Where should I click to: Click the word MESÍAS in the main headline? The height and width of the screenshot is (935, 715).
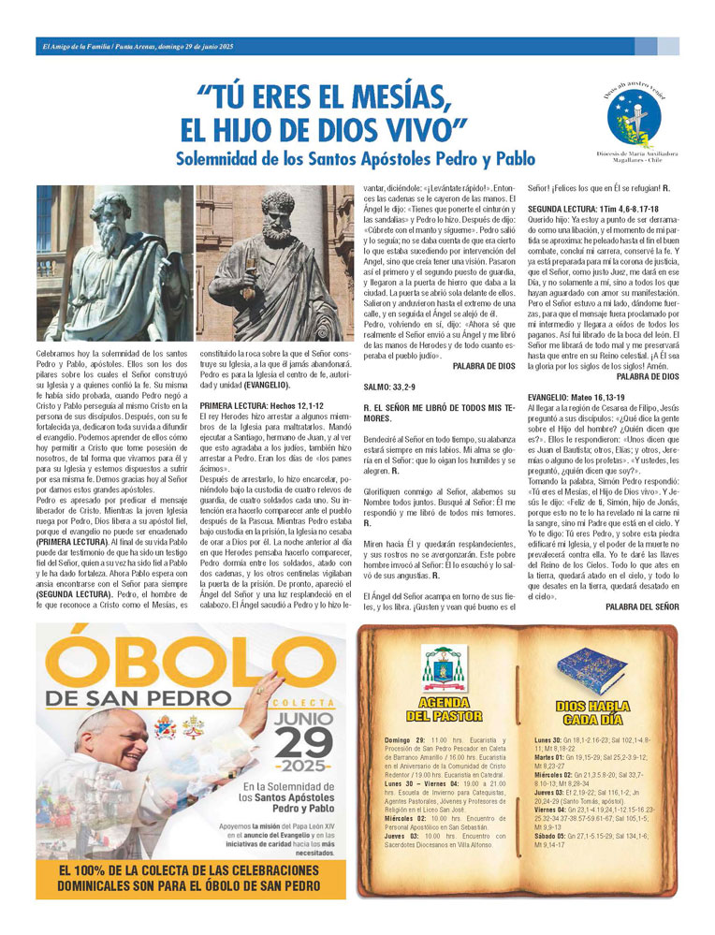[388, 96]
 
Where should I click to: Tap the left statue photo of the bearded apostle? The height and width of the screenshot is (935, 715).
[114, 263]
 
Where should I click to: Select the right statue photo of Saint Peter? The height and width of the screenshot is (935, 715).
[274, 263]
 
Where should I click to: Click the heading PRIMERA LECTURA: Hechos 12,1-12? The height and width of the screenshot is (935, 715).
[258, 405]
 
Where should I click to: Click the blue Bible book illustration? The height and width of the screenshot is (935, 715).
[597, 666]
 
